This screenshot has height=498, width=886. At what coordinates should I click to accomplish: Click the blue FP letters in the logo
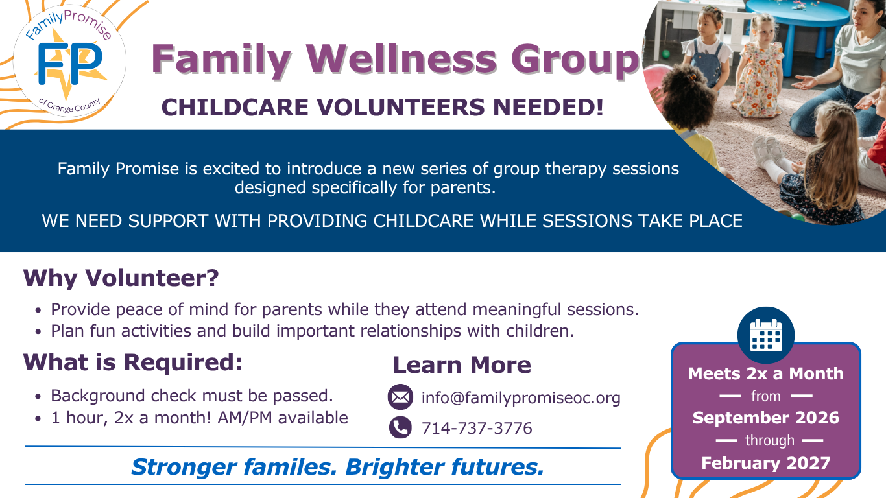[x=70, y=64]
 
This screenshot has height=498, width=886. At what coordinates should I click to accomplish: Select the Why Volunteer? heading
[x=121, y=278]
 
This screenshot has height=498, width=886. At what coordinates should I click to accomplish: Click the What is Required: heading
[x=133, y=362]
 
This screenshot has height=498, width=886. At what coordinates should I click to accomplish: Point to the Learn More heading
[x=462, y=364]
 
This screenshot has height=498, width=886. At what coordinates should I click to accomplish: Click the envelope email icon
[x=400, y=397]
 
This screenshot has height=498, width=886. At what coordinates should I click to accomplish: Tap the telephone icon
[x=400, y=427]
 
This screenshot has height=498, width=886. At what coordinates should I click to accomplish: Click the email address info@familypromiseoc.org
[x=521, y=398]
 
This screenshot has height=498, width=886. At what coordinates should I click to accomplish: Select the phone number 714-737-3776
[x=477, y=429]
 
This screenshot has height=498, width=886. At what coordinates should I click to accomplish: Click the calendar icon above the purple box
[x=766, y=335]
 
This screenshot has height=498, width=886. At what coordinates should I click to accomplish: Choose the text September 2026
[x=766, y=418]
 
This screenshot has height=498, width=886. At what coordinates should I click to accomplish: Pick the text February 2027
[x=766, y=463]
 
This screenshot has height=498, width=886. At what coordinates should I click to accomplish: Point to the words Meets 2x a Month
[x=766, y=373]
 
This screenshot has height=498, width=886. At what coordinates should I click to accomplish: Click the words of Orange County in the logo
[x=70, y=105]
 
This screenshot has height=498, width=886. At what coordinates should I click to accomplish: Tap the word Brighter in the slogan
[x=395, y=467]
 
